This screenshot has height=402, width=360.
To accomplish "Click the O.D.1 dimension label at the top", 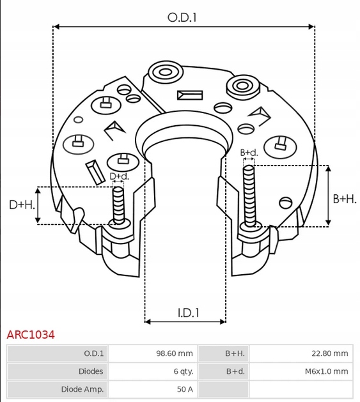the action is pyautogui.click(x=182, y=18).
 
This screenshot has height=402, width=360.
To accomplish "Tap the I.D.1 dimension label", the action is pyautogui.click(x=189, y=313).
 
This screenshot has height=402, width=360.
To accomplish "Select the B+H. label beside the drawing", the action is pyautogui.click(x=345, y=199).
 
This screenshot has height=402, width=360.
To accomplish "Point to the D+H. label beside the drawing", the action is pyautogui.click(x=22, y=205).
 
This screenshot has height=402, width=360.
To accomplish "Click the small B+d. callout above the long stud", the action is pyautogui.click(x=249, y=153).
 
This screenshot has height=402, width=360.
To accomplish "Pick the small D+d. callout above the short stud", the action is pyautogui.click(x=120, y=176).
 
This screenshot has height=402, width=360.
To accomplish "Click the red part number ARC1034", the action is pyautogui.click(x=31, y=334).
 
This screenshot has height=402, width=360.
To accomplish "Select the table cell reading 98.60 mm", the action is pyautogui.click(x=175, y=353).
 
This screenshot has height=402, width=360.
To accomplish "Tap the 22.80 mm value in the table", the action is pyautogui.click(x=330, y=353).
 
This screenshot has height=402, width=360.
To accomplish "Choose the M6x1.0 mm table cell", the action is pyautogui.click(x=326, y=371).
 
